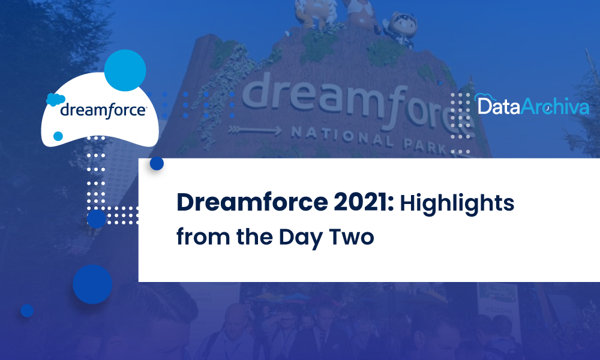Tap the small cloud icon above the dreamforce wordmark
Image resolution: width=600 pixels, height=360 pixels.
[x=55, y=100]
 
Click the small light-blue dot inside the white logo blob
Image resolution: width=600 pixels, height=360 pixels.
[x=58, y=136]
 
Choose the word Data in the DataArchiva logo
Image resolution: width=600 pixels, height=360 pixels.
[x=497, y=107]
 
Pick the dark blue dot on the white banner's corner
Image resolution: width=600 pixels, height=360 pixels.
[x=157, y=163]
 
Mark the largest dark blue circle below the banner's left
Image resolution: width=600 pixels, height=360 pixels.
[x=92, y=284]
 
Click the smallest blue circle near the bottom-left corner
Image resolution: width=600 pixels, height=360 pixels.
[x=26, y=310]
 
